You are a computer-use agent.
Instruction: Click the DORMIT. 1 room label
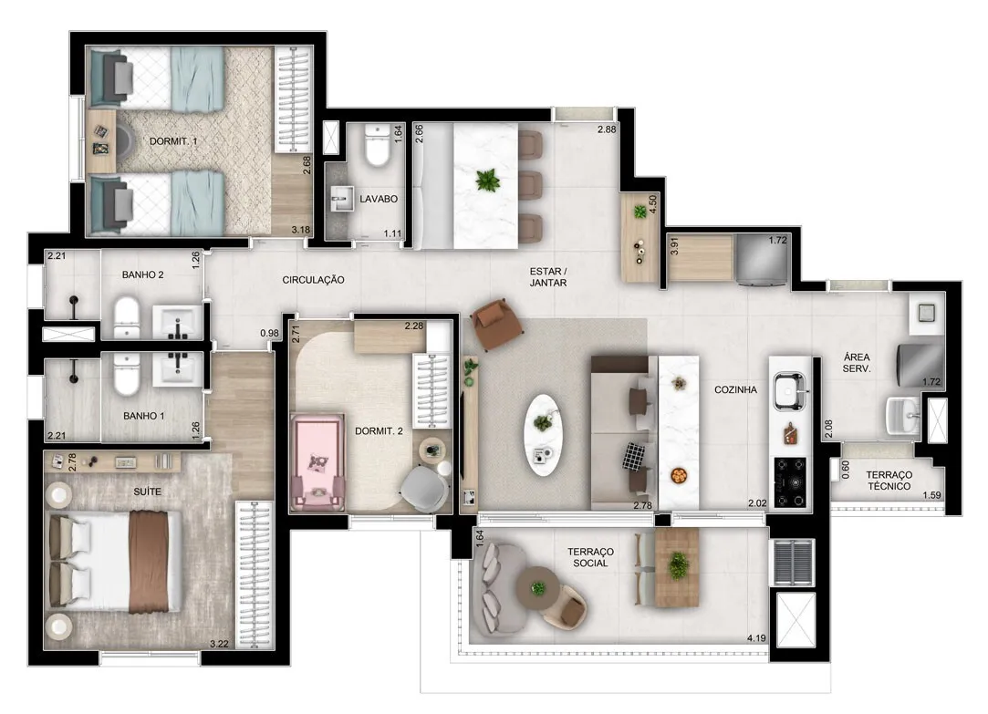pos(173,141)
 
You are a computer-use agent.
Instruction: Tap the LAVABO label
pos(378,199)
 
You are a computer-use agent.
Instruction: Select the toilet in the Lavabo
pos(378,146)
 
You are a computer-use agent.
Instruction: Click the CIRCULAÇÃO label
pos(313,280)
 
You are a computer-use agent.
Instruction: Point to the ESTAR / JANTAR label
pos(548,277)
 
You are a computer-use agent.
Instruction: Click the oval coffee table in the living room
pos(543,435)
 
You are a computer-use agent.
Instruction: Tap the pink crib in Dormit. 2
pos(317,462)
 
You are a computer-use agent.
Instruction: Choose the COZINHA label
pos(735,389)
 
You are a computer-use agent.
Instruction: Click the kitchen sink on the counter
pos(790,391)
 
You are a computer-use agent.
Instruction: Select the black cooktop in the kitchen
pos(790,482)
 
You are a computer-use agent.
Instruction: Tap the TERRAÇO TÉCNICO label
pos(889,481)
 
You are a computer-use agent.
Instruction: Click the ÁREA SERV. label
pos(857,363)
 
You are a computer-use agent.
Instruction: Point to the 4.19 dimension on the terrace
pos(756,637)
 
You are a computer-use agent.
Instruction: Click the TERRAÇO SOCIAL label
pos(590,557)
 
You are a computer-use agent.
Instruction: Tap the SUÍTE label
pos(147,492)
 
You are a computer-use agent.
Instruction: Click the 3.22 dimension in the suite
pos(219,644)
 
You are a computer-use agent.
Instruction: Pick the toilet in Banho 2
pos(127,317)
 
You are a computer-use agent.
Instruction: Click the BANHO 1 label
pos(143,416)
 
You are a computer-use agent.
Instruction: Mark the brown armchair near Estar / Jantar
pos(497,323)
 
